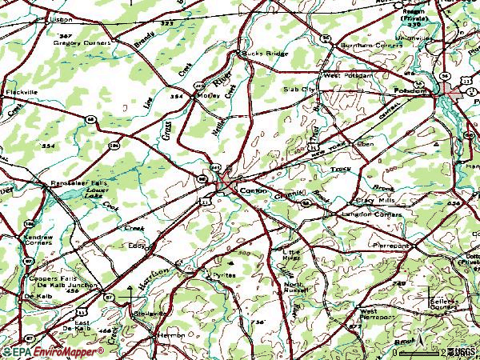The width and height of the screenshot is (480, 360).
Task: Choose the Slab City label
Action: (x=299, y=90)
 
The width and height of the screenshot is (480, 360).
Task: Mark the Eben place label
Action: (x=366, y=143)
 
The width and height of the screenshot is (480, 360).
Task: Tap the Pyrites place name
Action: (x=220, y=274)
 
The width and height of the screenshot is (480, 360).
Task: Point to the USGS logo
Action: (x=463, y=352)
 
